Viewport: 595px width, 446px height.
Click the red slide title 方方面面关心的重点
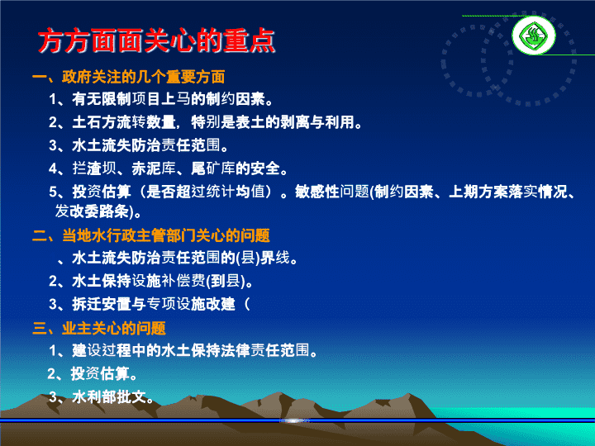(x=156, y=40)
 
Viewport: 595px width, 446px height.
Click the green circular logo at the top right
(x=534, y=36)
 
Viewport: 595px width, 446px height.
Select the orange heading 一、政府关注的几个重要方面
(x=129, y=77)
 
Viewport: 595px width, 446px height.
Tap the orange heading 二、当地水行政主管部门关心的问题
(x=151, y=235)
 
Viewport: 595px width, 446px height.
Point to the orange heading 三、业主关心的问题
(x=99, y=328)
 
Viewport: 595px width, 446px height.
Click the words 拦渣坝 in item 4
(x=94, y=168)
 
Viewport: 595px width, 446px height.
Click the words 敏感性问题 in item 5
(x=332, y=192)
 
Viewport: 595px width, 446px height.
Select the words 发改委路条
(x=92, y=211)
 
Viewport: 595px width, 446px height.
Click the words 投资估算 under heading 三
(x=100, y=374)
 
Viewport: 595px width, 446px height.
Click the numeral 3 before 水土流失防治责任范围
(x=53, y=145)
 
